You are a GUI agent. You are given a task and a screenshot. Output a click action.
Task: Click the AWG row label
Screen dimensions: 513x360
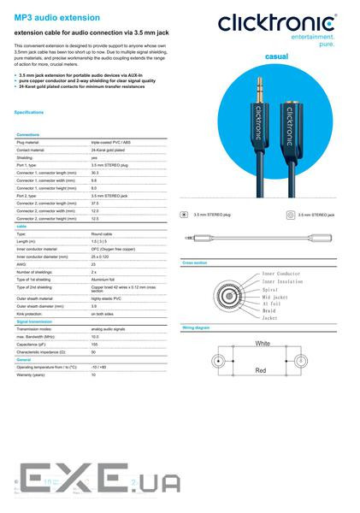[x=21, y=264]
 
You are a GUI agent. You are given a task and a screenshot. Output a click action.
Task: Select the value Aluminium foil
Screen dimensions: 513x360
[x=103, y=280]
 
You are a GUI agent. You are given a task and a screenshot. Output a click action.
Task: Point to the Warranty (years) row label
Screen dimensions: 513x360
[x=33, y=374]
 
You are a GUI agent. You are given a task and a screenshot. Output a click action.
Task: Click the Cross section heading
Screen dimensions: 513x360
[x=194, y=262]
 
